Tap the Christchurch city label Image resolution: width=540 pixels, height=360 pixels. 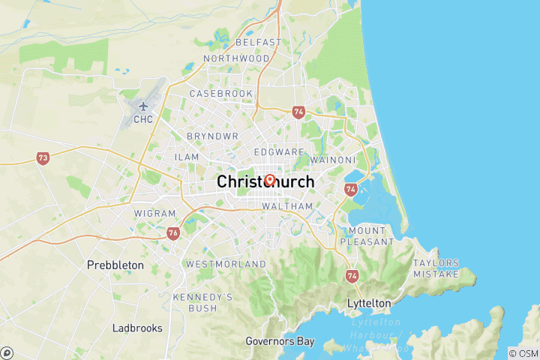click(x=265, y=182)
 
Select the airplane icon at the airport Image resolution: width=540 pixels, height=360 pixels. click(x=143, y=105)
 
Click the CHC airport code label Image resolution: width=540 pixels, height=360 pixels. click(x=143, y=118)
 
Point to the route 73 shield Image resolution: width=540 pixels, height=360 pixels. click(x=43, y=158)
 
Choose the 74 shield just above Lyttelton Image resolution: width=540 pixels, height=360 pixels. click(x=352, y=276)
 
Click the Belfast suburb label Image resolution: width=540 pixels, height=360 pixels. click(x=258, y=43)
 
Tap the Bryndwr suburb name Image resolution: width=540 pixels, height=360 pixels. click(x=207, y=137)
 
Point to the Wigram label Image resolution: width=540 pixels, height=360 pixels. click(x=154, y=214)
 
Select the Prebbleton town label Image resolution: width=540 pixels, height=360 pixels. click(x=114, y=265)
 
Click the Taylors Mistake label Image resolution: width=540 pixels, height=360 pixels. click(x=436, y=268)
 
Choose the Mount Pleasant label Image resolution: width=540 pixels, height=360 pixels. click(x=367, y=236)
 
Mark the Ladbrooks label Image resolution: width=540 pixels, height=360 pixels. click(x=138, y=328)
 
